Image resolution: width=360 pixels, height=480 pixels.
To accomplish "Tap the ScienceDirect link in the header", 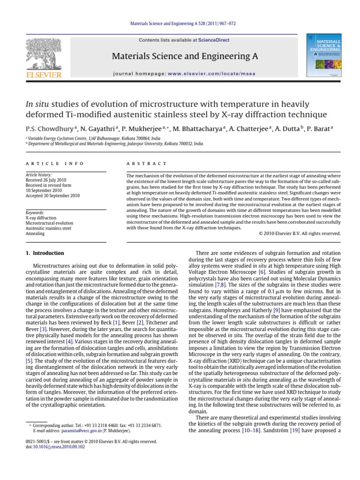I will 214,40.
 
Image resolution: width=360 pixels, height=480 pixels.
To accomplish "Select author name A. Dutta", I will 288,128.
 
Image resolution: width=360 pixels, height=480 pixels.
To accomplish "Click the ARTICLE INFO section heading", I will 54,164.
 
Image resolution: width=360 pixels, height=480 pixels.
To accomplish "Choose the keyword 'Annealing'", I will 35,233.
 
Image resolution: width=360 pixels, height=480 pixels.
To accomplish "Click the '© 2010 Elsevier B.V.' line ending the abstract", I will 300,233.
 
